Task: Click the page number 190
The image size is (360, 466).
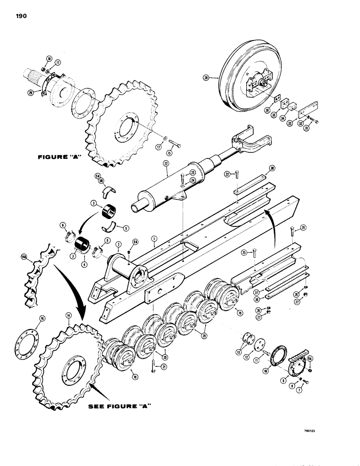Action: coord(21,16)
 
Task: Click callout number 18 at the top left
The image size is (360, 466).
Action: coord(49,58)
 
